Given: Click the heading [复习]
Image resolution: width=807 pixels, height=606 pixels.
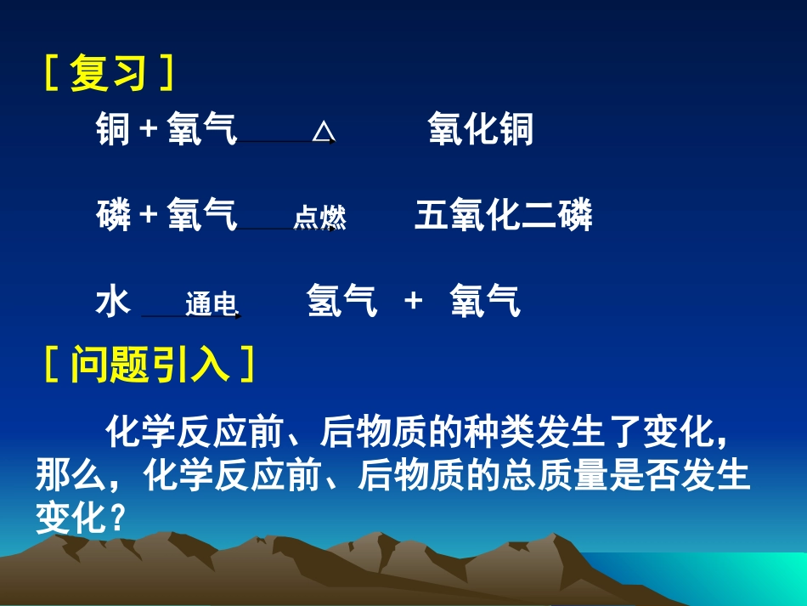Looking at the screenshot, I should pos(108,73).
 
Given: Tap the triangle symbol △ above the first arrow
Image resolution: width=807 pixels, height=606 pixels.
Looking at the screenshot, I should pos(323,132).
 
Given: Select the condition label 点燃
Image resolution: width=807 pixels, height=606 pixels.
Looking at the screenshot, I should pos(319,218).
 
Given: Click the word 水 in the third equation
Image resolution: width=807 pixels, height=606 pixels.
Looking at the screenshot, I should pos(112,301).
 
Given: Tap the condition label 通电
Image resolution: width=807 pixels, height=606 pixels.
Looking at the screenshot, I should pos(210,304).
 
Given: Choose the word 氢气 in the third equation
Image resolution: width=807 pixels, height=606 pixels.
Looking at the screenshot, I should pos(341,301).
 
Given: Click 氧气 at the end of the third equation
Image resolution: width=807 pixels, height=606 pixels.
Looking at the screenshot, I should pos(484,301).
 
